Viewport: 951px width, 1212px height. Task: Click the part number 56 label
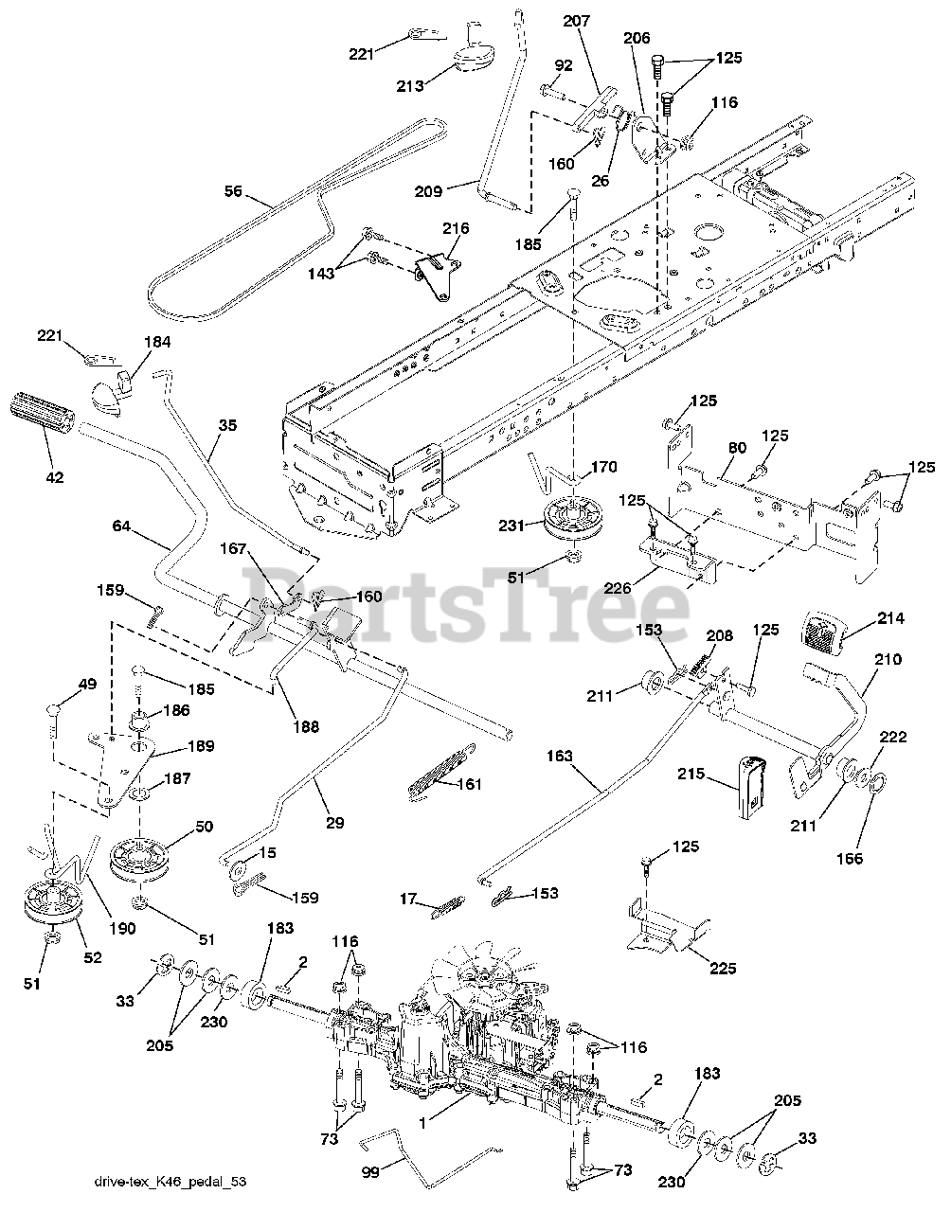point(233,192)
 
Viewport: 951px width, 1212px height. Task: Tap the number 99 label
point(370,1171)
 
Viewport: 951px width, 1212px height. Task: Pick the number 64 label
point(120,525)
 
